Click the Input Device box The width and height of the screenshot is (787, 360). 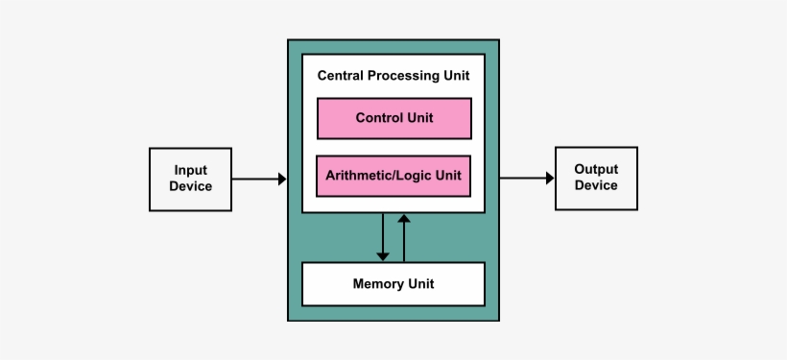[x=190, y=179]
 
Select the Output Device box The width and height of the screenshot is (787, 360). [x=596, y=178]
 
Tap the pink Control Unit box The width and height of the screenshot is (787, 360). [x=393, y=118]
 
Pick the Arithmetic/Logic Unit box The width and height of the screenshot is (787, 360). [x=393, y=176]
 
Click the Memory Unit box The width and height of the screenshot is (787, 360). [x=393, y=283]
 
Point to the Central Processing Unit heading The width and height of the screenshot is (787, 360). [x=393, y=74]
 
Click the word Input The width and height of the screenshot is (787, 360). [x=190, y=170]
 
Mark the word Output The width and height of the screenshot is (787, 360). [x=596, y=169]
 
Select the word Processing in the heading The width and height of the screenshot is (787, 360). [x=394, y=74]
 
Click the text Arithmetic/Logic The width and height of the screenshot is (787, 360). [x=377, y=176]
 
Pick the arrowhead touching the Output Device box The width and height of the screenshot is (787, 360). [x=549, y=178]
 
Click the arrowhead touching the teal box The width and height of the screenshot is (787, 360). [x=281, y=179]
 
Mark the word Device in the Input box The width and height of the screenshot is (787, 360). [x=190, y=186]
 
